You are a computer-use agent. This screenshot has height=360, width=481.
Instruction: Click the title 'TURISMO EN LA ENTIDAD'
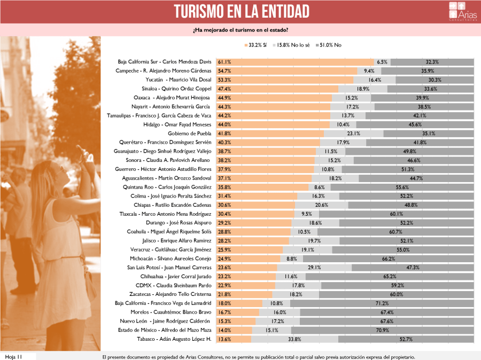pyautogui.click(x=242, y=12)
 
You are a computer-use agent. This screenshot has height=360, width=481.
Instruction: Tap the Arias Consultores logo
pyautogui.click(x=463, y=11)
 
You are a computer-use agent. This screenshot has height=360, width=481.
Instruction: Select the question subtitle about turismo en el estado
pyautogui.click(x=241, y=30)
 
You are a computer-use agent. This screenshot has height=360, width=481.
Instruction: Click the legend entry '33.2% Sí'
pyautogui.click(x=255, y=45)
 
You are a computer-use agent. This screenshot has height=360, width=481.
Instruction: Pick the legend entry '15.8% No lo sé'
pyautogui.click(x=291, y=45)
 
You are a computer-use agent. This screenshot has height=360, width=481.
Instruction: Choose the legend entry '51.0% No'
pyautogui.click(x=329, y=45)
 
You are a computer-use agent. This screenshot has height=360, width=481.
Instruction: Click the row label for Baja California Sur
pyautogui.click(x=165, y=61)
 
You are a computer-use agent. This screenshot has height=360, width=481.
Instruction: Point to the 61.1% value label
pyautogui.click(x=224, y=62)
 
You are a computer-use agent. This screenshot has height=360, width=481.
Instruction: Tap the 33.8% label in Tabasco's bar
pyautogui.click(x=294, y=339)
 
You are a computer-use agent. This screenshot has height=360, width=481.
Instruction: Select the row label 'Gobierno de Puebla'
pyautogui.click(x=190, y=134)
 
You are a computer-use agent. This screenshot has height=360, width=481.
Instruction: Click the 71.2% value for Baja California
pyautogui.click(x=382, y=303)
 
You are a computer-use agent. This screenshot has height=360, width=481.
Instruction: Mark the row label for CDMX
pyautogui.click(x=173, y=285)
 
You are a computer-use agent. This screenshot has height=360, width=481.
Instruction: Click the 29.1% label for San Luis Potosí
pyautogui.click(x=314, y=268)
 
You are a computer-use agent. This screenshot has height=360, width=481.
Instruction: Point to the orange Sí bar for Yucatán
pyautogui.click(x=285, y=80)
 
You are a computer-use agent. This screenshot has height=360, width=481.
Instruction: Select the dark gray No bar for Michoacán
pyautogui.click(x=389, y=259)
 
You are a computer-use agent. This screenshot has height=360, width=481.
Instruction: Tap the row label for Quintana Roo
pyautogui.click(x=167, y=187)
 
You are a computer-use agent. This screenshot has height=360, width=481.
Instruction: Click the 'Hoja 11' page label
pyautogui.click(x=14, y=357)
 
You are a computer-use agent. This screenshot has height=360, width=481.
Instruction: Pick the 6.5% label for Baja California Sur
pyautogui.click(x=382, y=62)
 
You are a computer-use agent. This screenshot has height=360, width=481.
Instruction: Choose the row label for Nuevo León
pyautogui.click(x=165, y=321)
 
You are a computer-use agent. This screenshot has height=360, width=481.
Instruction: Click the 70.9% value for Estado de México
pyautogui.click(x=383, y=330)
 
